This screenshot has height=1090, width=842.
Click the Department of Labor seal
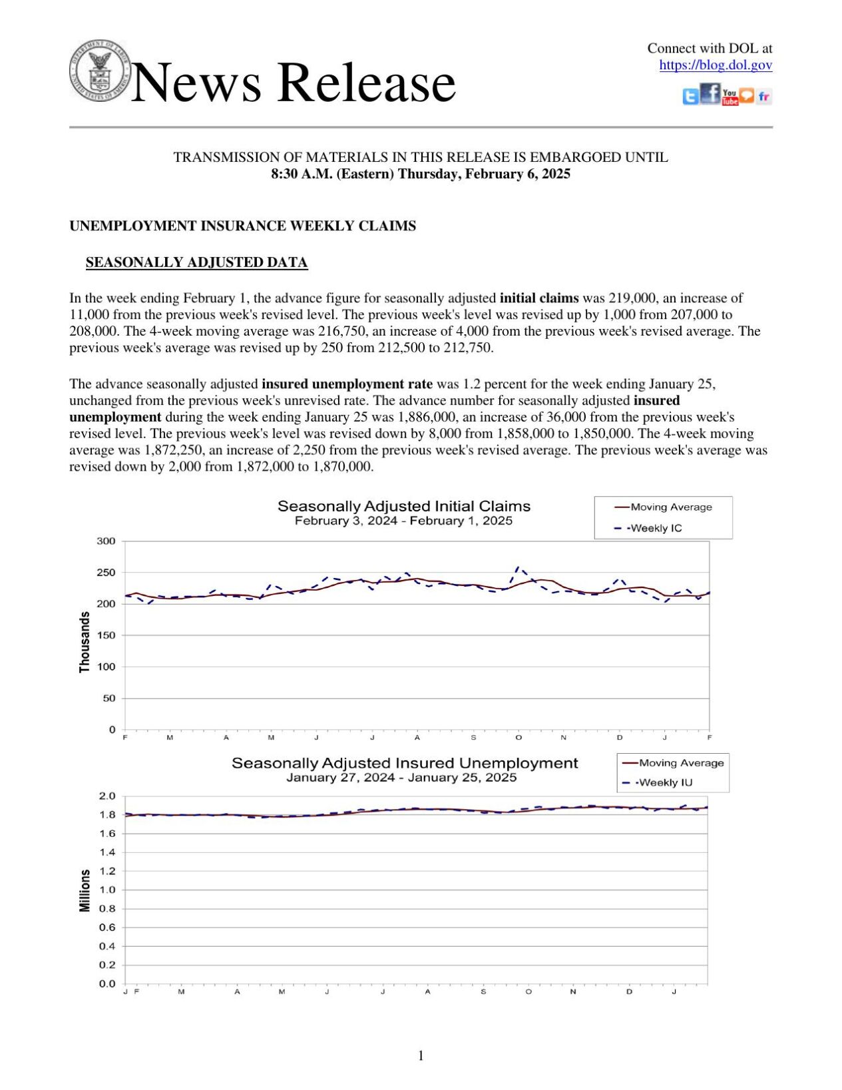pos(100,69)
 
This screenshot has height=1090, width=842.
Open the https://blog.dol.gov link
pos(716,65)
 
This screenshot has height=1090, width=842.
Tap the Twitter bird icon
pos(690,97)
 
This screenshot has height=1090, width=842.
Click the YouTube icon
pos(730,97)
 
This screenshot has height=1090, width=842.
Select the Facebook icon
pos(710,94)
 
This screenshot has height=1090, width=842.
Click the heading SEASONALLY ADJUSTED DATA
pos(196,262)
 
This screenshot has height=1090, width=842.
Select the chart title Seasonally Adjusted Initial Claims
pos(403,506)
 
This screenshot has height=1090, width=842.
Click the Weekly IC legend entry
pos(656,528)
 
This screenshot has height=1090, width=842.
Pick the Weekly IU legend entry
pos(664,782)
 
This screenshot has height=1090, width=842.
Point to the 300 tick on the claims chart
pos(106,541)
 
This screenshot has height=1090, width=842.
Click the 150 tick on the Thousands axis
pos(106,636)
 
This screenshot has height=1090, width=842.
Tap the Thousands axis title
pos(85,642)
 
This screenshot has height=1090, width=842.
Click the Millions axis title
pos(85,890)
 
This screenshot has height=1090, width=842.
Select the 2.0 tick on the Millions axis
pos(107,796)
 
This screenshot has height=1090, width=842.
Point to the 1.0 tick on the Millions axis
pos(107,890)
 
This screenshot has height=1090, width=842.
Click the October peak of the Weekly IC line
pos(519,567)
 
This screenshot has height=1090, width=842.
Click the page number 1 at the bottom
pos(421,1055)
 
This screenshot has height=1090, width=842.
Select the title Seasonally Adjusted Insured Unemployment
pos(404,763)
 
